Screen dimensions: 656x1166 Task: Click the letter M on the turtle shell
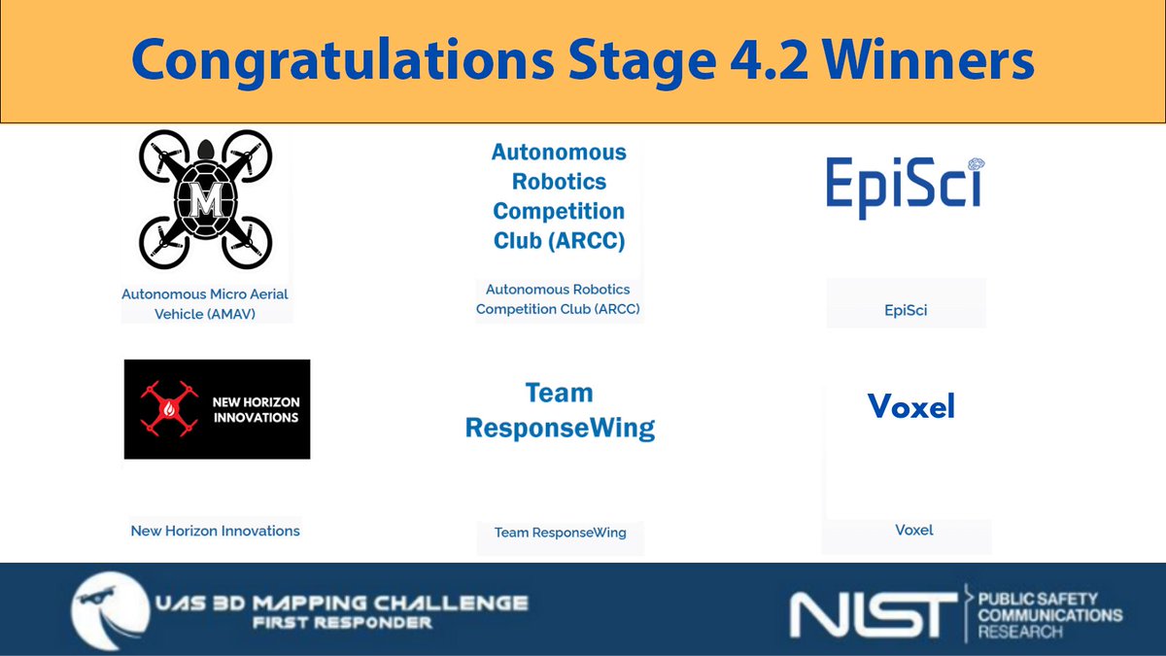pos(205,202)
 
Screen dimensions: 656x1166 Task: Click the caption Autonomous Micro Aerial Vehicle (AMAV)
pos(205,304)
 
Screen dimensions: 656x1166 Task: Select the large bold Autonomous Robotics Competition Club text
pos(559,196)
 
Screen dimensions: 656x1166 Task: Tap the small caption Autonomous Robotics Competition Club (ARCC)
pos(559,299)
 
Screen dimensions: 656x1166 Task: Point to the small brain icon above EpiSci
pos(975,163)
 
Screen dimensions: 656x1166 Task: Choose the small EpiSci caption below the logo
pos(906,311)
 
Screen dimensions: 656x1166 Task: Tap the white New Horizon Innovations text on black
pos(256,409)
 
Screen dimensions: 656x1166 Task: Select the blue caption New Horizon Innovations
pos(216,531)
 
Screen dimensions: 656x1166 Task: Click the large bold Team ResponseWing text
pos(560,410)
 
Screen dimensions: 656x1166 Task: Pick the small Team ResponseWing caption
pos(560,533)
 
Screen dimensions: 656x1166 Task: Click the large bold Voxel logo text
pos(911,406)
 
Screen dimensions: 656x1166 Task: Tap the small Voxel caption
pos(914,531)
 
